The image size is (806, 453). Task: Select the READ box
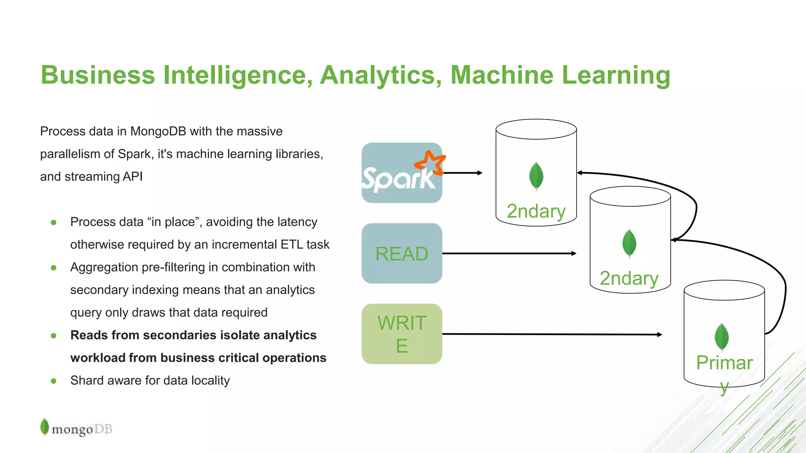(401, 254)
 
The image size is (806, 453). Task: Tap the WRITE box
(401, 334)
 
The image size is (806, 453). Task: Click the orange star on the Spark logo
(430, 162)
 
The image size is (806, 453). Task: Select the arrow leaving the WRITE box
(551, 334)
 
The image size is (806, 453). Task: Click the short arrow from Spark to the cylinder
(462, 173)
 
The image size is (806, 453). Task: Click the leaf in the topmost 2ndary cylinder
(536, 176)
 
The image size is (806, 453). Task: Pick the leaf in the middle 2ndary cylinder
(629, 243)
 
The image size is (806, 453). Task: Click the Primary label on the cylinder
(724, 363)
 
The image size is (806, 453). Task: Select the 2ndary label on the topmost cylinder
(536, 211)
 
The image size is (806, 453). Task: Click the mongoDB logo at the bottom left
(76, 428)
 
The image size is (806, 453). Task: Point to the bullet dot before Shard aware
(54, 381)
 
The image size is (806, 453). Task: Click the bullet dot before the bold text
(54, 335)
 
